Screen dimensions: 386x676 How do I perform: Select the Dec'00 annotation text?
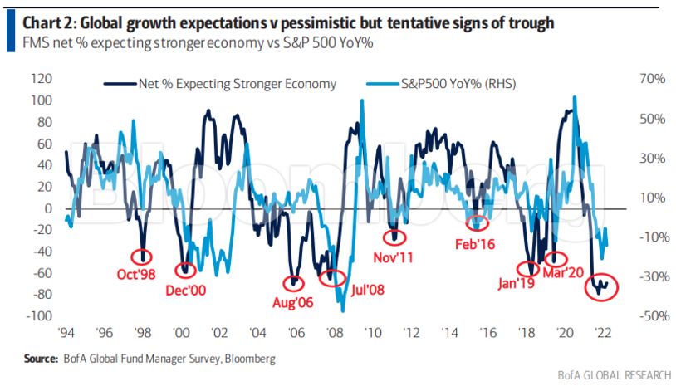point(185,292)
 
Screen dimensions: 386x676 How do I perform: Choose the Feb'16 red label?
point(475,245)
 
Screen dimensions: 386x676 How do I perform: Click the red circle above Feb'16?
point(477,222)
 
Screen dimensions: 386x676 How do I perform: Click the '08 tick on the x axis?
point(336,334)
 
